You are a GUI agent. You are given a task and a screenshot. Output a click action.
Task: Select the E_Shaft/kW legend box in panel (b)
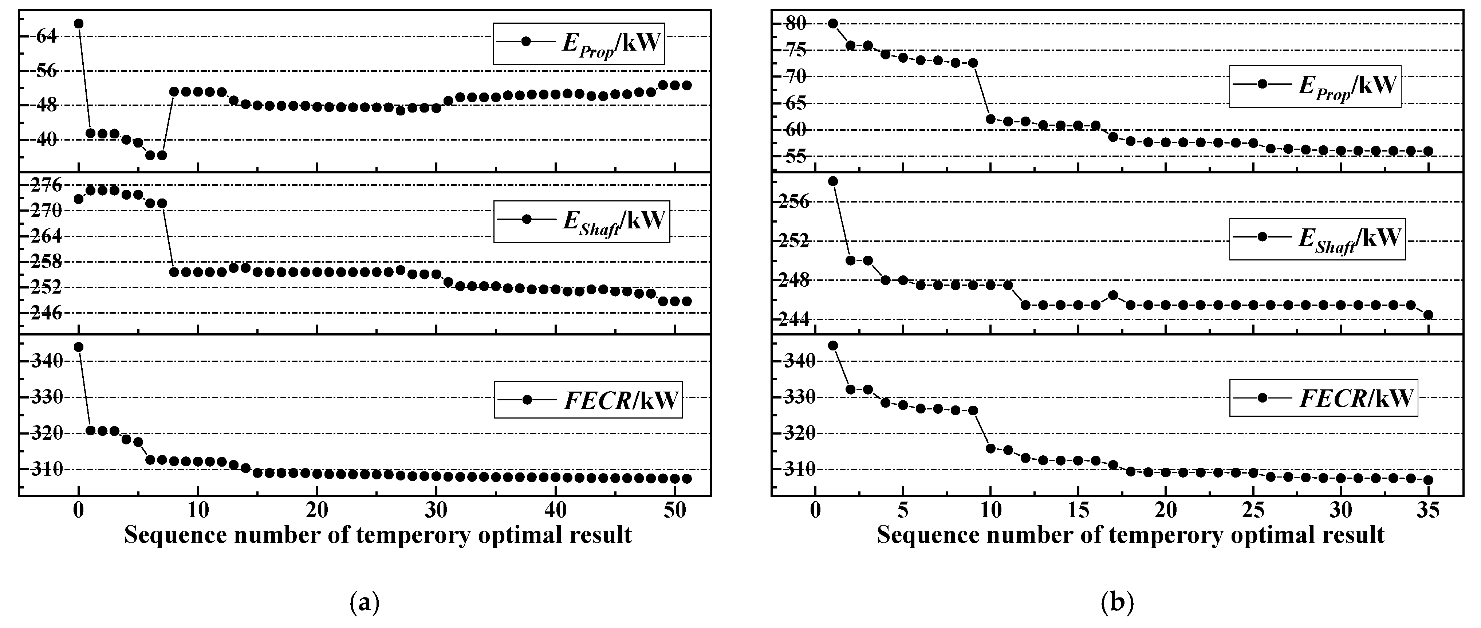tap(1316, 239)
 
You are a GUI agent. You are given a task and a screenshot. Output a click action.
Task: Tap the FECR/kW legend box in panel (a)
tap(588, 400)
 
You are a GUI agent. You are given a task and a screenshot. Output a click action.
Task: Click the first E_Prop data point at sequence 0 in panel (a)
tap(79, 24)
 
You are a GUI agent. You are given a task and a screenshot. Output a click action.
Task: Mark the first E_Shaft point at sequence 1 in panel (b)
tap(832, 181)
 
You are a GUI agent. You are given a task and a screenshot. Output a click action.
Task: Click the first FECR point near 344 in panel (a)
tap(79, 347)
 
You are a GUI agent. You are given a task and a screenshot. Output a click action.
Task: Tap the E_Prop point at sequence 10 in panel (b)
tap(990, 119)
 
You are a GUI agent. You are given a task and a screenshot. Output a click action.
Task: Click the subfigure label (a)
tap(365, 603)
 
